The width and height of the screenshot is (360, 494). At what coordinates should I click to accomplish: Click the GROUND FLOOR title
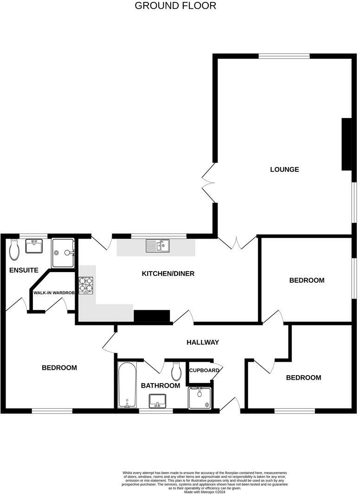tap(175, 6)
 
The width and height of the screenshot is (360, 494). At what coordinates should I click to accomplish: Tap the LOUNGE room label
tap(284, 169)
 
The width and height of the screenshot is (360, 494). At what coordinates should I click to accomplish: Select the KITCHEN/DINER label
tap(168, 273)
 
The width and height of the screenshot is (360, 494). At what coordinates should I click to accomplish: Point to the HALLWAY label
tap(203, 342)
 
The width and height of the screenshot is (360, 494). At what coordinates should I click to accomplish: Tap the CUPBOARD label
tap(204, 370)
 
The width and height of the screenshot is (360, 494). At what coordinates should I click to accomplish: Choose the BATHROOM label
tap(161, 385)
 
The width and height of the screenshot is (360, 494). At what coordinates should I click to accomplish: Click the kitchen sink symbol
tap(158, 245)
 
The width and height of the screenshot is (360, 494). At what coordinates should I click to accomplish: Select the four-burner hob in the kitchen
tap(86, 286)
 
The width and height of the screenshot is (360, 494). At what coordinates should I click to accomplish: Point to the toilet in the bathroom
tap(176, 371)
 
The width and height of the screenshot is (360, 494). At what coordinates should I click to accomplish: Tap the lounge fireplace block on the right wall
tap(346, 144)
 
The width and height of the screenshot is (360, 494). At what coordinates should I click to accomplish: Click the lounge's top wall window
tap(284, 56)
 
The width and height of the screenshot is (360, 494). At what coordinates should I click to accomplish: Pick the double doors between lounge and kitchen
tap(237, 242)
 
